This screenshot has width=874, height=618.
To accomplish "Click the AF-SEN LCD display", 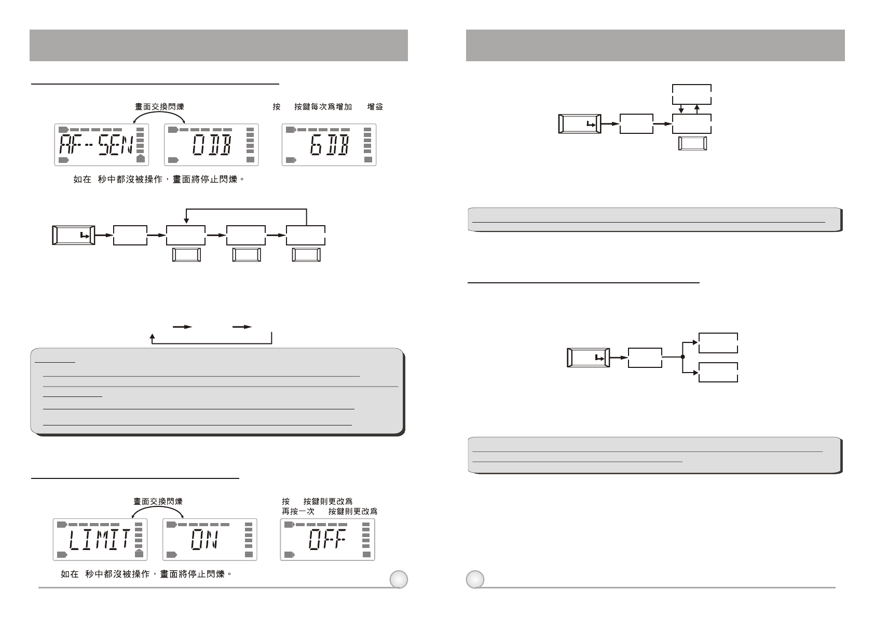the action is [102, 145].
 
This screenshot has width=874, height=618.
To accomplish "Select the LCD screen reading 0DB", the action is [211, 145].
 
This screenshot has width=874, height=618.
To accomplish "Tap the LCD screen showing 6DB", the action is [329, 145].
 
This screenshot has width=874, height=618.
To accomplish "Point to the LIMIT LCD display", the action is [100, 540].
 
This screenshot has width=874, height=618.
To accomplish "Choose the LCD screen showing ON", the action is [210, 540].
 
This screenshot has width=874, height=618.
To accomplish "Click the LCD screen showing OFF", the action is [327, 540].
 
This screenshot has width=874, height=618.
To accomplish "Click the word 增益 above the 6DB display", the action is [375, 107].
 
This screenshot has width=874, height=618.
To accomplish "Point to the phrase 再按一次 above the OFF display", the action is [298, 511].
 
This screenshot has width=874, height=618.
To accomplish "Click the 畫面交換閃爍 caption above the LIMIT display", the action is [158, 502].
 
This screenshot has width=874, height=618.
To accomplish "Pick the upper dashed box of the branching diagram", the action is [718, 343].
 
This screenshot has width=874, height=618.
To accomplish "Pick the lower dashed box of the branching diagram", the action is [718, 372].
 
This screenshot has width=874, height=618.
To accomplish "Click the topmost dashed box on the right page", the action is [692, 94].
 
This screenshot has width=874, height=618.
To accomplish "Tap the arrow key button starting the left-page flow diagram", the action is [73, 235].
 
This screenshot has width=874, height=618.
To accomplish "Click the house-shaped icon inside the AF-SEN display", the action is [139, 159].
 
